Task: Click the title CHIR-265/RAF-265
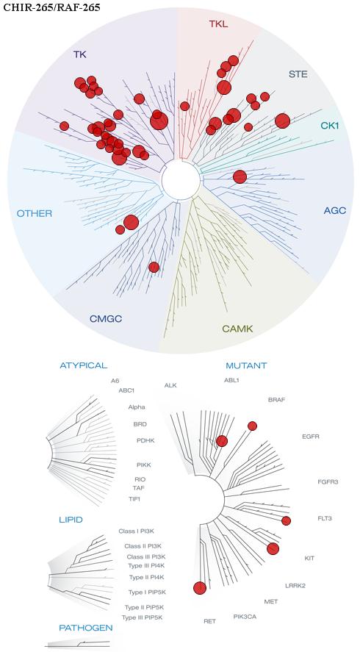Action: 51,7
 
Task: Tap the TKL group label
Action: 218,24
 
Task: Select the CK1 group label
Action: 330,125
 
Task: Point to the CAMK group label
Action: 237,329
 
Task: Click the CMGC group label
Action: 106,319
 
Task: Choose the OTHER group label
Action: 34,214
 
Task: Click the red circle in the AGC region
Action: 240,176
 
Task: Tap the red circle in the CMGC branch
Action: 154,267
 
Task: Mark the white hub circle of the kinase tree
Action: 181,179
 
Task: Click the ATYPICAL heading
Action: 84,365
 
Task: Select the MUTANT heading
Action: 246,366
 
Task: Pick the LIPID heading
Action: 71,520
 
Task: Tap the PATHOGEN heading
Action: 86,628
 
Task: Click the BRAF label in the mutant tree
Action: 276,400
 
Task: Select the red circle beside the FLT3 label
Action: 286,520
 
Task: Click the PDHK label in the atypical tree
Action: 145,440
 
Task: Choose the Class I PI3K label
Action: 137,531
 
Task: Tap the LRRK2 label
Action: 295,586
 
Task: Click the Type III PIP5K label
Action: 142,617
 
